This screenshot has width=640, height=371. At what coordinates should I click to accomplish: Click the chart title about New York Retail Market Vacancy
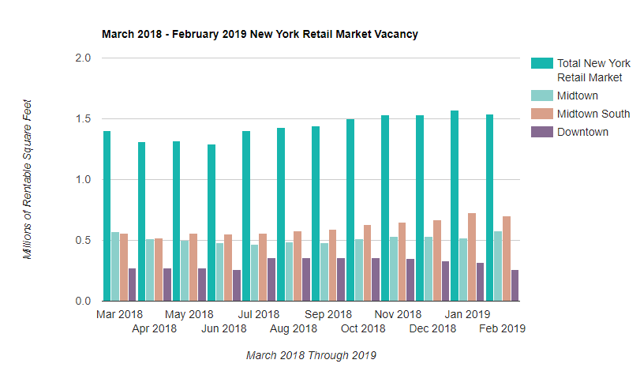(260, 35)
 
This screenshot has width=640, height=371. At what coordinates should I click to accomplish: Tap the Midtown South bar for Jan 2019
(472, 257)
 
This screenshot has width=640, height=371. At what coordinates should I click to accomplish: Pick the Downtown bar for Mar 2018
(133, 285)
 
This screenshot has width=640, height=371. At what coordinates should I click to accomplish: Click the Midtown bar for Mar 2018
(115, 267)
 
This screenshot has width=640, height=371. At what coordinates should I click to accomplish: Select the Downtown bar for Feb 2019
(515, 286)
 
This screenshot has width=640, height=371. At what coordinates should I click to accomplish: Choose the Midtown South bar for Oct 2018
(368, 263)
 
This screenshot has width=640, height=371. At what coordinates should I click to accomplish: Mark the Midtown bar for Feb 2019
(498, 266)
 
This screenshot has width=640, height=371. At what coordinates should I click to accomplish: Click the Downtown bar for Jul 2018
(271, 279)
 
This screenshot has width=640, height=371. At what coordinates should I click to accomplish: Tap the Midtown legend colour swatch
(541, 96)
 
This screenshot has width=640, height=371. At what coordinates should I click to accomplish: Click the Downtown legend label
(582, 132)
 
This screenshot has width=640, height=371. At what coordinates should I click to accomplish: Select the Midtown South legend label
(593, 114)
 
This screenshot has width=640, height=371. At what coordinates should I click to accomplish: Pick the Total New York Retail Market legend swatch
(541, 63)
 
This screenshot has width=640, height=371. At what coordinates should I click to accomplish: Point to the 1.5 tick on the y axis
(83, 119)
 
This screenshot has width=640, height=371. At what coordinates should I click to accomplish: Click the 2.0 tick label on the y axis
(83, 58)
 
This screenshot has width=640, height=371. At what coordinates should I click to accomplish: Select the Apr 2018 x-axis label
(154, 328)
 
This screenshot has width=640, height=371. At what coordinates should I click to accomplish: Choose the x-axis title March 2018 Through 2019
(311, 355)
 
